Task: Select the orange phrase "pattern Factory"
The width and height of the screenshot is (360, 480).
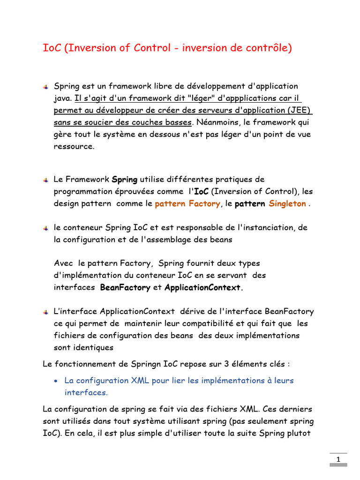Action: pyautogui.click(x=187, y=204)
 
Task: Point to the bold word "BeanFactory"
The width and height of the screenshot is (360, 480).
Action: pyautogui.click(x=126, y=288)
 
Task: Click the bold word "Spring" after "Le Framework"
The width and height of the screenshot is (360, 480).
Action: pyautogui.click(x=125, y=180)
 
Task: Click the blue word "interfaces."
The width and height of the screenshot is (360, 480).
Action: pyautogui.click(x=86, y=392)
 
